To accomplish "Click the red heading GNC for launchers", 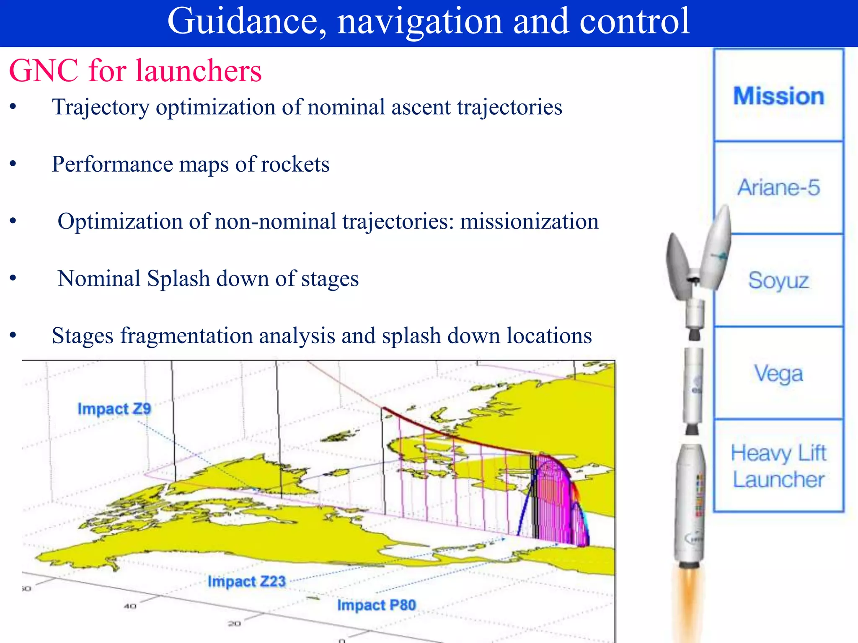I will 135,70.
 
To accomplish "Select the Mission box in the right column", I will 778,95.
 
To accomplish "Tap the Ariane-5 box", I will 778,187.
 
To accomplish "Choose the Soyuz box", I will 778,280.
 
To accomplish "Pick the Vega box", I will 778,373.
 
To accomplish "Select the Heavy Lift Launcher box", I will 778,466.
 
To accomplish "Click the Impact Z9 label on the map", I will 114,409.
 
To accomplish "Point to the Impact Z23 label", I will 246,581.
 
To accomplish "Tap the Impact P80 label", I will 376,605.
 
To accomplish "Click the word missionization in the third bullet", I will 529,221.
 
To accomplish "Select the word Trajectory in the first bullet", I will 101,107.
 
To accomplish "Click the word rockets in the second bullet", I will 295,164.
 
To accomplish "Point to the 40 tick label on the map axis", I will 130,606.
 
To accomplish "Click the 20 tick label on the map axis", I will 234,624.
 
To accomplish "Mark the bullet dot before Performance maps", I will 13,164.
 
